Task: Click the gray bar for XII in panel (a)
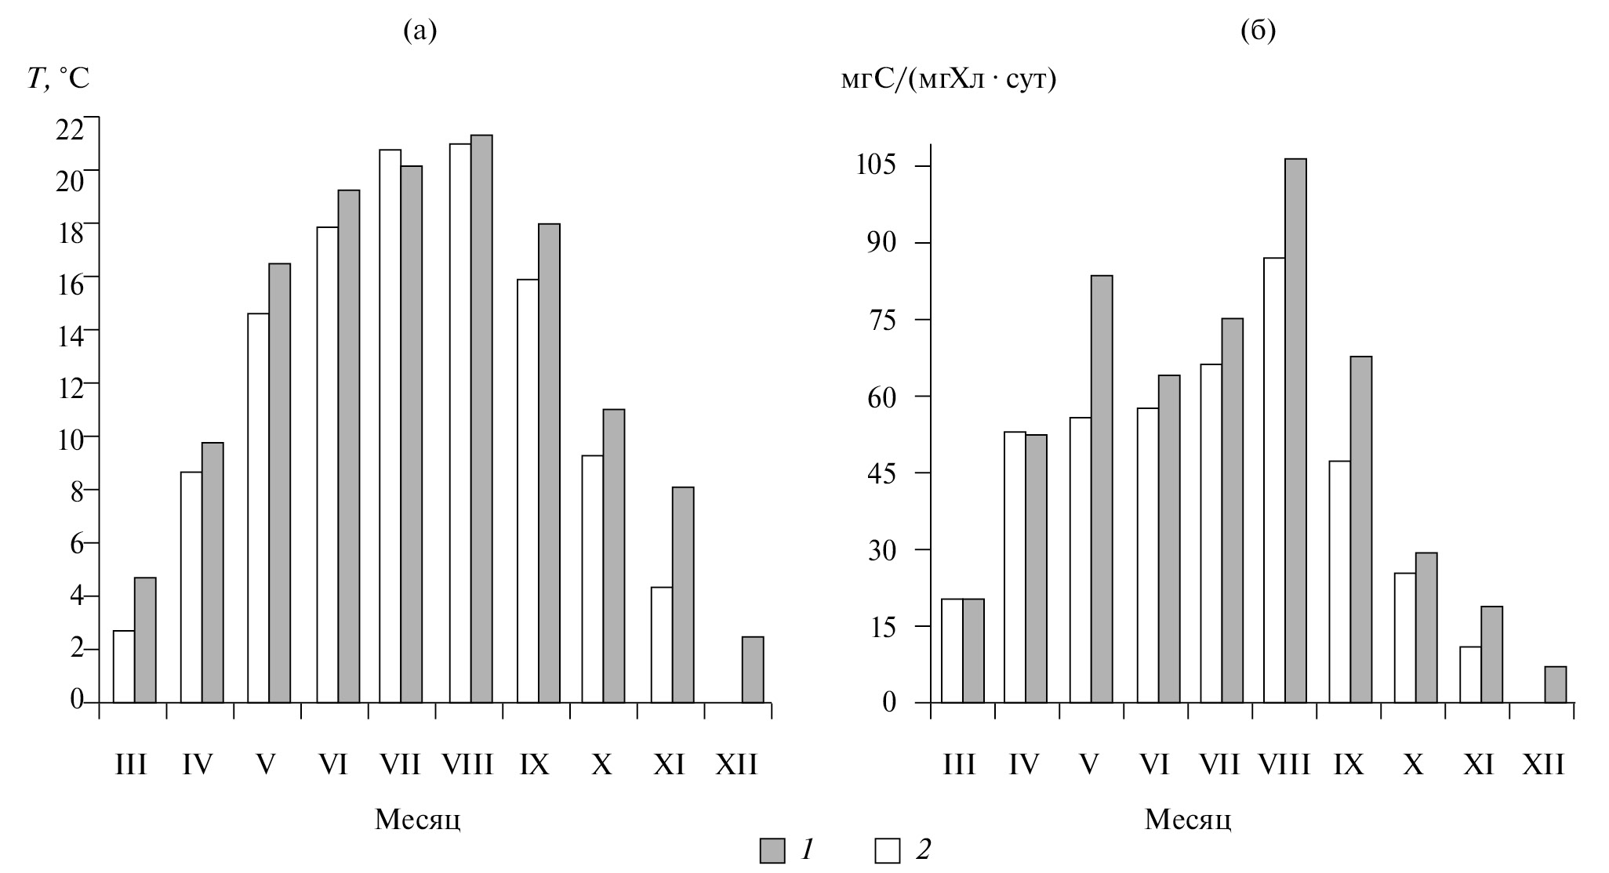point(753,669)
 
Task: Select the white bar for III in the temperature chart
point(124,666)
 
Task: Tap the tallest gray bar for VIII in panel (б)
point(1295,430)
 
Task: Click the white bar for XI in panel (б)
point(1470,674)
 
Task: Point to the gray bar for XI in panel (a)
point(683,595)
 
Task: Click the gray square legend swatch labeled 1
point(772,851)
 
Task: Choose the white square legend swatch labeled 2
point(888,851)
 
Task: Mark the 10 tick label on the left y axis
point(71,438)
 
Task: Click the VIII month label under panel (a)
point(467,764)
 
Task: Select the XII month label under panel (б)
point(1543,764)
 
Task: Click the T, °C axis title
point(59,78)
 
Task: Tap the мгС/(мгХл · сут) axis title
point(948,78)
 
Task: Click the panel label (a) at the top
point(420,31)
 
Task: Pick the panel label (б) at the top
point(1259,31)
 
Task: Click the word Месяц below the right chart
point(1187,820)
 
